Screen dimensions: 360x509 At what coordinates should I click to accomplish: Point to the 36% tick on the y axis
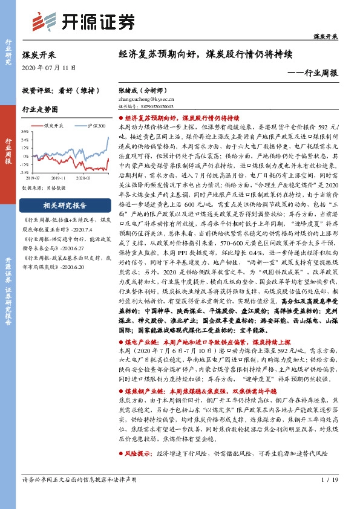(x=24, y=131)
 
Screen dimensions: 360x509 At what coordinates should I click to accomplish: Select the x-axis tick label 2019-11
(x=59, y=178)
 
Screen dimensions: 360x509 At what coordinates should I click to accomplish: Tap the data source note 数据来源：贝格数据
(x=44, y=189)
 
